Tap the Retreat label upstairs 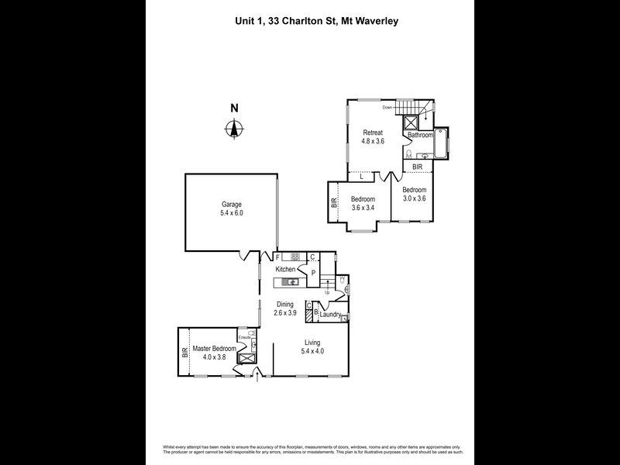(374, 133)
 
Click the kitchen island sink (288, 281)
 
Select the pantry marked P (313, 273)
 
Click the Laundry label (331, 315)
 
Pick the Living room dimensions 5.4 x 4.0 (312, 351)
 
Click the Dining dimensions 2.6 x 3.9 (285, 312)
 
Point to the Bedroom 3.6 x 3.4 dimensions (363, 208)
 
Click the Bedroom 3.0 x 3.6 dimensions (414, 198)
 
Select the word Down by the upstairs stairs (387, 108)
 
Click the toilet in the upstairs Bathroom (409, 153)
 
